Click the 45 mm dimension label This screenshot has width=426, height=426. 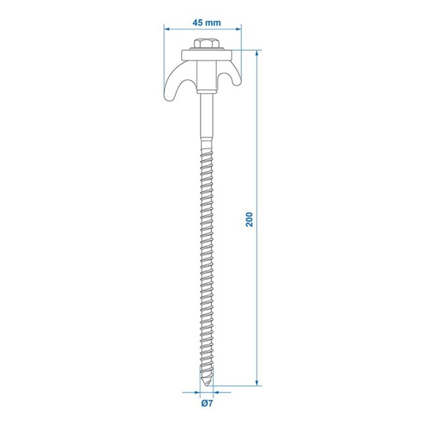click(206, 22)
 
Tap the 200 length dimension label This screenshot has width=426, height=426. click(248, 219)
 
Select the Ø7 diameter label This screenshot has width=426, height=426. click(205, 404)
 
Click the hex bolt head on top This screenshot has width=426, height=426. click(203, 44)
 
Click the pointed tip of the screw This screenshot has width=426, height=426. click(204, 385)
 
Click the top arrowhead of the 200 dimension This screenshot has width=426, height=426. click(256, 53)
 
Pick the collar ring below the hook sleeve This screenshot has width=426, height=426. click(203, 92)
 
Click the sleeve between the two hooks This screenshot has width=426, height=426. click(203, 75)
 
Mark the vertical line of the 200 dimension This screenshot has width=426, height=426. click(256, 295)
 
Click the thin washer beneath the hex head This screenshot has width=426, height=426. click(203, 52)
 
